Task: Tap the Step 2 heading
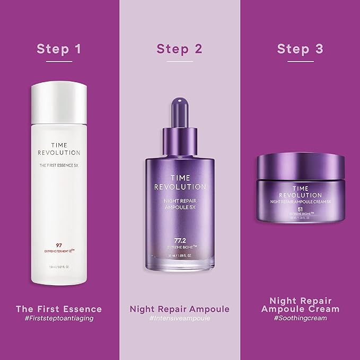[x=180, y=49]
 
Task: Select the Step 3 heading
[x=300, y=49]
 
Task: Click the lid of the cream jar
[x=301, y=164]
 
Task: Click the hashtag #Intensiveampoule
[x=180, y=319]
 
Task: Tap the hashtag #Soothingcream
[x=300, y=319]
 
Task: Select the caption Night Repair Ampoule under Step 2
[x=180, y=309]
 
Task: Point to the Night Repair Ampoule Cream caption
[x=300, y=303]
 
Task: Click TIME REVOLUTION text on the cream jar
[x=300, y=191]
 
